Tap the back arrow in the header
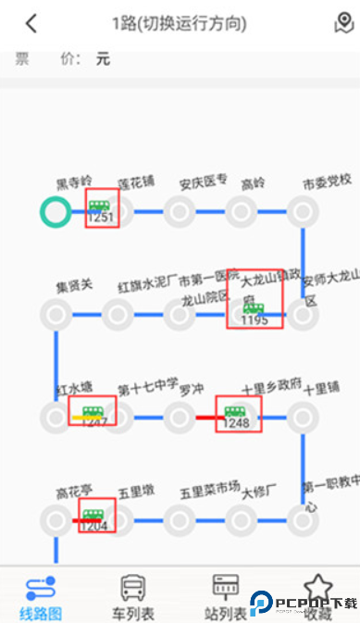pos(31,23)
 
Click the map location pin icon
pos(342,23)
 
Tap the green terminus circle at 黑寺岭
pos(56,212)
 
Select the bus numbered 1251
pos(101,209)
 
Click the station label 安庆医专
pos(204,181)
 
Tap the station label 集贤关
pos(74,284)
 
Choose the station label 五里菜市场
pos(210,487)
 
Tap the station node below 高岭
pos(242,212)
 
